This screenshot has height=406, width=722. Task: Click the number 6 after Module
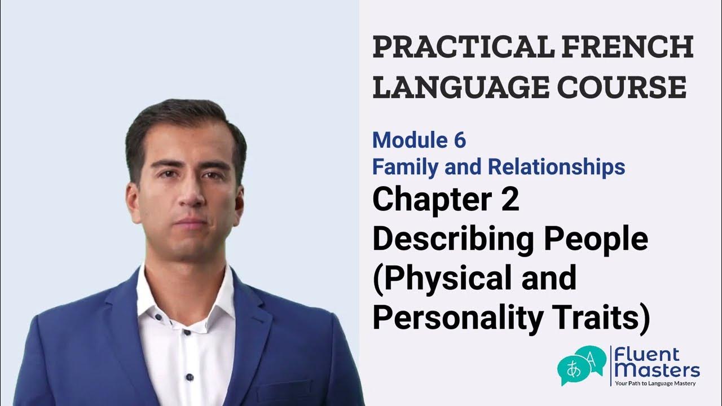pyautogui.click(x=460, y=140)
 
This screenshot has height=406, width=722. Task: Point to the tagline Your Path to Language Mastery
pyautogui.click(x=655, y=384)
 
